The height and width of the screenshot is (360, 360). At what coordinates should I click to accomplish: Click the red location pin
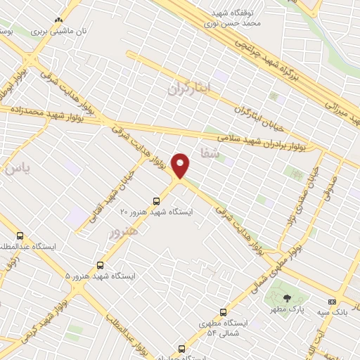(181, 166)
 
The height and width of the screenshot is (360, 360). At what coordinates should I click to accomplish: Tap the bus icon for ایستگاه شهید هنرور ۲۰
(156, 200)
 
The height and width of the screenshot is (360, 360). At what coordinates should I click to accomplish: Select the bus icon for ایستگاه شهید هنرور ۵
(101, 265)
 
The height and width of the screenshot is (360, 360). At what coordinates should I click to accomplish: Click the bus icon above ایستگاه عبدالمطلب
(20, 236)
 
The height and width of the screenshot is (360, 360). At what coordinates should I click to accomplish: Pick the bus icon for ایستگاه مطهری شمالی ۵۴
(224, 312)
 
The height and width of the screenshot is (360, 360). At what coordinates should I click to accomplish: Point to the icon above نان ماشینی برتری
(58, 22)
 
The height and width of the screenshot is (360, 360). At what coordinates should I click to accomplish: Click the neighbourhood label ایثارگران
(190, 89)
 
